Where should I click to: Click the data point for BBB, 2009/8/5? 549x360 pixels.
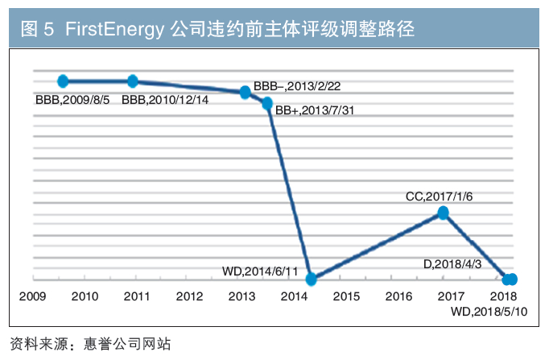click(63, 81)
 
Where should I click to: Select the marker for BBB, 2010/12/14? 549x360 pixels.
click(133, 81)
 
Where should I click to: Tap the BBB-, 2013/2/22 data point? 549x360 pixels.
click(245, 92)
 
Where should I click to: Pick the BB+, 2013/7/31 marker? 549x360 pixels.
click(267, 103)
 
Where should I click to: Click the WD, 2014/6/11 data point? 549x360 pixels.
click(311, 279)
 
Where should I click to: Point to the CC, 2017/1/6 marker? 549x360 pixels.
click(444, 213)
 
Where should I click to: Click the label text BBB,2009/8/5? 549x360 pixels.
click(72, 100)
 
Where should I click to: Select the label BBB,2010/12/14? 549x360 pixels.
click(165, 100)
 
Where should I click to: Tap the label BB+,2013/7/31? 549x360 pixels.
click(315, 110)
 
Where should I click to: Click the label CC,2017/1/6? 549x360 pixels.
click(439, 197)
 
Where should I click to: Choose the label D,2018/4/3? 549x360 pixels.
click(452, 264)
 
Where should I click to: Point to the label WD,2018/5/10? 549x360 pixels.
click(489, 312)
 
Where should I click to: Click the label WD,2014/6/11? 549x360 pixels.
click(260, 271)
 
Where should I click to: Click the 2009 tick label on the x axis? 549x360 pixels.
click(32, 296)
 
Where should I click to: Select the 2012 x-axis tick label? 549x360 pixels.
click(189, 296)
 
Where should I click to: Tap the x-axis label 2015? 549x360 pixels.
click(346, 296)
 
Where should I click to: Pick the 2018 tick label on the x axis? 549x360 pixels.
click(503, 296)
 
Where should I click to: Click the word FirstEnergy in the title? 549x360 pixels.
click(114, 29)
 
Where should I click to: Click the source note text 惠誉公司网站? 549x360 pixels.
click(127, 344)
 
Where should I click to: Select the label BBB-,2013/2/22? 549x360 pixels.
click(297, 86)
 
